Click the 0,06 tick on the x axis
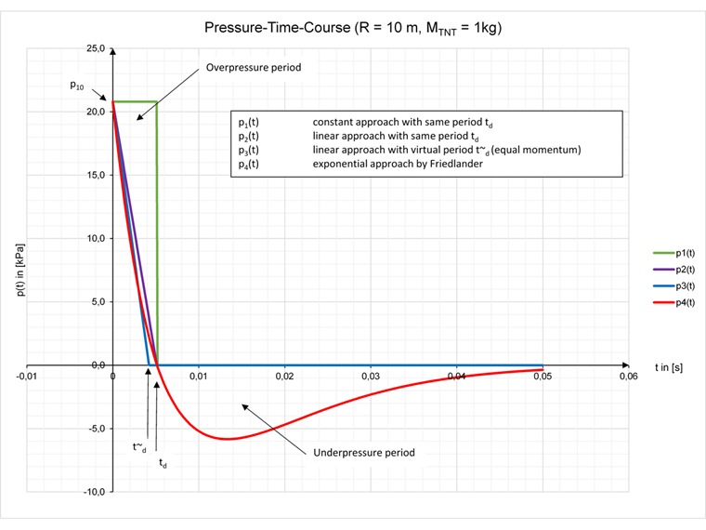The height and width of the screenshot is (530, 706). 629,376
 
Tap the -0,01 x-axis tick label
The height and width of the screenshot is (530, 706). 26,376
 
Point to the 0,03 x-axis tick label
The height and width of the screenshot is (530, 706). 372,376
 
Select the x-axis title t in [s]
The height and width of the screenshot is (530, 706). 669,367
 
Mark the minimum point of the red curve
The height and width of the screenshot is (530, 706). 227,439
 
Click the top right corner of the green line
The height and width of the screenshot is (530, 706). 156,101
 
